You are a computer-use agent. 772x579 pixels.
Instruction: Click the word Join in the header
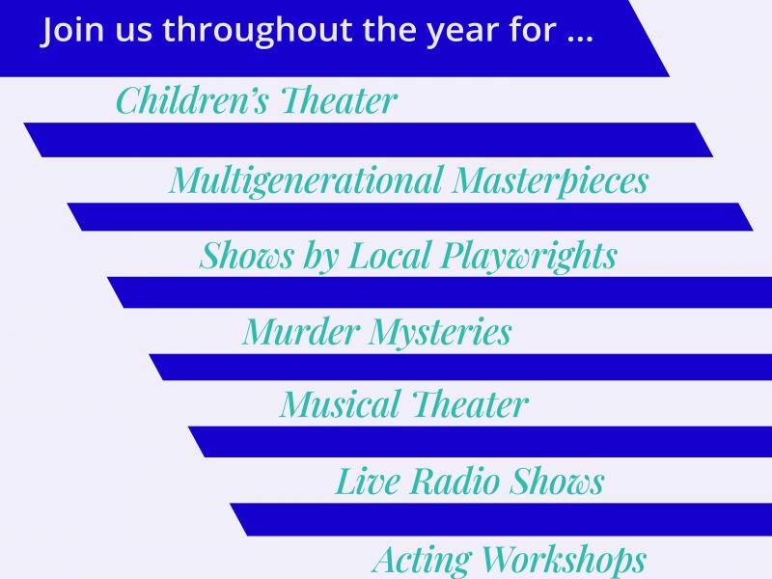point(72,31)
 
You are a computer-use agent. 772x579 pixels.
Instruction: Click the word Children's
point(192,100)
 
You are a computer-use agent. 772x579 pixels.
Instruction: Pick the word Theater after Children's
point(339,100)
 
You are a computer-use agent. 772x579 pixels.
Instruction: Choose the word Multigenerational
point(306,180)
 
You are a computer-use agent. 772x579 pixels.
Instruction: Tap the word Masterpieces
point(550,180)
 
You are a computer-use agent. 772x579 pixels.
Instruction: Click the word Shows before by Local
point(247,256)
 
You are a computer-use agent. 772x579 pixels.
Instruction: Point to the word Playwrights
point(529,256)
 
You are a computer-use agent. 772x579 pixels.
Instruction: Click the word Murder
point(301,331)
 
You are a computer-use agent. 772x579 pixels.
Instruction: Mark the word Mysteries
point(440,333)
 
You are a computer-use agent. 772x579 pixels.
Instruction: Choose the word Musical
point(341,404)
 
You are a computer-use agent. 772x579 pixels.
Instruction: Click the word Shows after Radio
point(557,481)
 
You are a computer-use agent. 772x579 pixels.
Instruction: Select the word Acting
point(422,561)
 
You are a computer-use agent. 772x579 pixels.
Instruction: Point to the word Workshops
point(564,561)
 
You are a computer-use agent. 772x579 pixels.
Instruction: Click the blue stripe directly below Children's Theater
point(369,140)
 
